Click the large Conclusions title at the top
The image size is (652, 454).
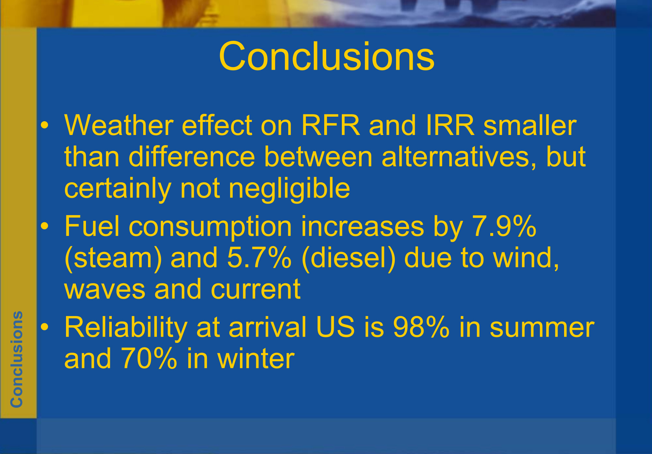(x=326, y=56)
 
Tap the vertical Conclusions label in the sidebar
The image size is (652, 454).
(x=16, y=359)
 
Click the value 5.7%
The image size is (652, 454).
(x=259, y=258)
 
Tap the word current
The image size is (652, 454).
(x=256, y=290)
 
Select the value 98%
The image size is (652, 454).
(x=421, y=327)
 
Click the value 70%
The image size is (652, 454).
(x=149, y=358)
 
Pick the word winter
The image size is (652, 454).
(x=256, y=358)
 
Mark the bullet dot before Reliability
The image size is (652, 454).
(x=45, y=327)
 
